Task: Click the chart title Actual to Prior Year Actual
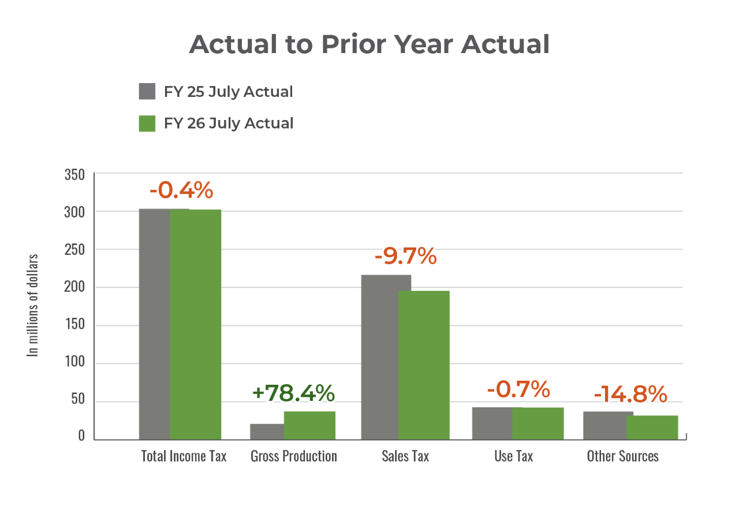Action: [369, 44]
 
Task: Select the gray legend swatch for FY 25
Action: [147, 92]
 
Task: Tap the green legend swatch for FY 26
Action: [147, 123]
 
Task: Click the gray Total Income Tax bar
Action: [154, 323]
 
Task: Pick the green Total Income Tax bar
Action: [196, 323]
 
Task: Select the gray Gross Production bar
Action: [267, 431]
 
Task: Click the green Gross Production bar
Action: [309, 425]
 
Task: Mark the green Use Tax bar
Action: [538, 423]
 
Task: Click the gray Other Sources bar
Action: [604, 425]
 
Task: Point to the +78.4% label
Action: [293, 393]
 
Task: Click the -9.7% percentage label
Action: [405, 257]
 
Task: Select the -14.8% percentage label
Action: [630, 395]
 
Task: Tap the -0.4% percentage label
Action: [181, 190]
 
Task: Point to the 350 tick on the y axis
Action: [74, 175]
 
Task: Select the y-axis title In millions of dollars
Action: [33, 305]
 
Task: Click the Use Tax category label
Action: [513, 456]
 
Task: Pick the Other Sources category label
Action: [622, 456]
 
